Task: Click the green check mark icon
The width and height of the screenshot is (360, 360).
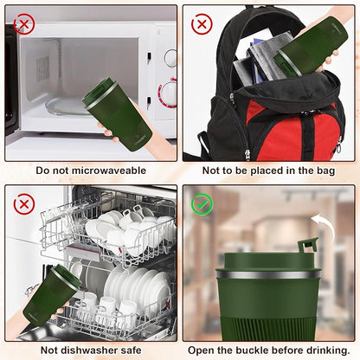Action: tap(202, 204)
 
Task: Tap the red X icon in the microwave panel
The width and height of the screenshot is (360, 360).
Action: tap(24, 23)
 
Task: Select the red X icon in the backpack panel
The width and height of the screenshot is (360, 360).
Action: tap(202, 23)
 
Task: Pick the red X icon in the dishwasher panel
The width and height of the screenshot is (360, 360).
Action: tap(24, 204)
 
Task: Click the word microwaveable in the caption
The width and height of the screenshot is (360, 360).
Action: tap(109, 170)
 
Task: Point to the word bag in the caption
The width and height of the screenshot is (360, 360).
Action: tap(326, 170)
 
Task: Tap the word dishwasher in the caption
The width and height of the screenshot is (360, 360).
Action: tap(90, 350)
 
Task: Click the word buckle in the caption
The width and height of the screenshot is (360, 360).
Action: tap(253, 350)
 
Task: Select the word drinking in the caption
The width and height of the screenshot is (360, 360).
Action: tap(328, 350)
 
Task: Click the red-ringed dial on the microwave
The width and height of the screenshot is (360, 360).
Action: tap(168, 93)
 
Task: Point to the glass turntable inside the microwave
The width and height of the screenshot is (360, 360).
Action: tap(67, 106)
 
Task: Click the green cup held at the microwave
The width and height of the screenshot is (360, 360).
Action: tap(118, 115)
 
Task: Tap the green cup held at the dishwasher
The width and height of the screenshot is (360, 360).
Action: tap(50, 295)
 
